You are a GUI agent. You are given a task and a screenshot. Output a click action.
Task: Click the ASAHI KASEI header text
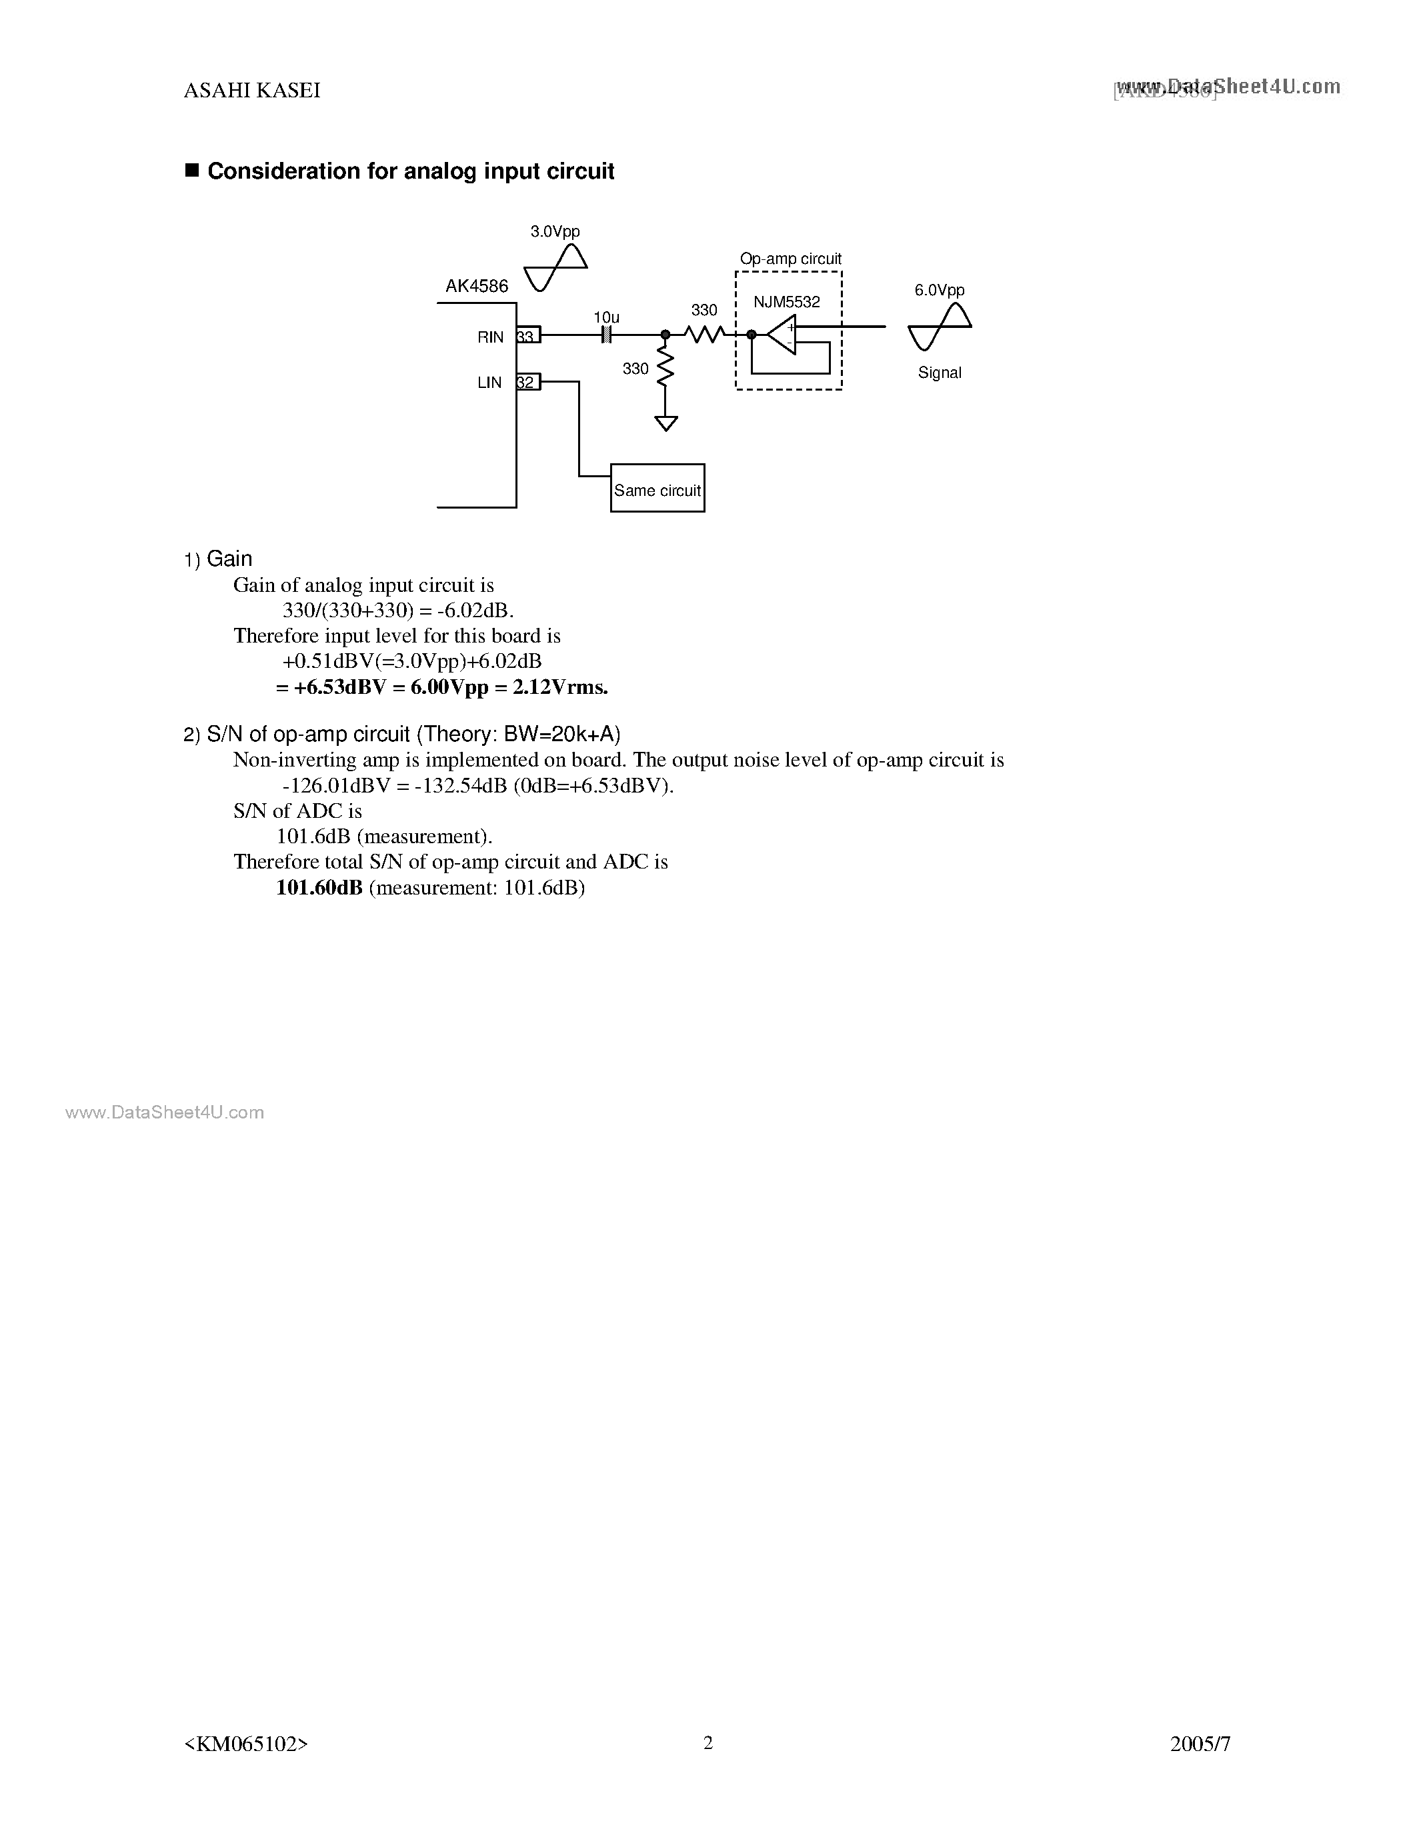pyautogui.click(x=252, y=91)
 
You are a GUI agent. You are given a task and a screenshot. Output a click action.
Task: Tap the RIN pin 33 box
pyautogui.click(x=528, y=336)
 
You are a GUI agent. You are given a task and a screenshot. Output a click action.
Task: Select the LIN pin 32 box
pyautogui.click(x=528, y=382)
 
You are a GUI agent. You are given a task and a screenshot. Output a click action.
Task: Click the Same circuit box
pyautogui.click(x=657, y=489)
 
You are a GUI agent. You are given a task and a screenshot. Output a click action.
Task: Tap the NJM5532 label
pyautogui.click(x=787, y=302)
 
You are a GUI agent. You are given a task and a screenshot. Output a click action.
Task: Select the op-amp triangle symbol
pyautogui.click(x=782, y=335)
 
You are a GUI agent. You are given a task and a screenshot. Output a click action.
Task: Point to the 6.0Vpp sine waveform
pyautogui.click(x=940, y=327)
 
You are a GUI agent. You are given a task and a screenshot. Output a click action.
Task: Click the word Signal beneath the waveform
pyautogui.click(x=940, y=373)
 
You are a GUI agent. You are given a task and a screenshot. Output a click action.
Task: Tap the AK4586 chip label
pyautogui.click(x=477, y=286)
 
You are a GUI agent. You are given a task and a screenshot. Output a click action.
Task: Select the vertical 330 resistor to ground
pyautogui.click(x=665, y=368)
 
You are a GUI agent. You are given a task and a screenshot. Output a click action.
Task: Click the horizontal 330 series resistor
pyautogui.click(x=704, y=334)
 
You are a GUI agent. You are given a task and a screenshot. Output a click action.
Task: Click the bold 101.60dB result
pyautogui.click(x=319, y=887)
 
